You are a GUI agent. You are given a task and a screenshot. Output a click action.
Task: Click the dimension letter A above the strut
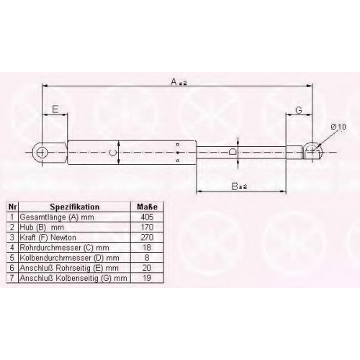pyautogui.click(x=174, y=81)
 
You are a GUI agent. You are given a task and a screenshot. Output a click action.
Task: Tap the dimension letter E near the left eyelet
pyautogui.click(x=55, y=109)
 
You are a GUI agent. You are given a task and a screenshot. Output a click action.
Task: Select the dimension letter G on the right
pyautogui.click(x=299, y=110)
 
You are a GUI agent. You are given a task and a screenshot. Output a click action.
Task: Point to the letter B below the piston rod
pyautogui.click(x=235, y=186)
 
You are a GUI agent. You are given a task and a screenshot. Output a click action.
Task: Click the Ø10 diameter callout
pyautogui.click(x=338, y=127)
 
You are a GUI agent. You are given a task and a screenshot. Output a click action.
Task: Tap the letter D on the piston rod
pyautogui.click(x=233, y=152)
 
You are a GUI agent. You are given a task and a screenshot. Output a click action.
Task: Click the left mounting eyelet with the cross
pyautogui.click(x=42, y=152)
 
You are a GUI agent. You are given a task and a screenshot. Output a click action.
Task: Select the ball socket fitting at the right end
pyautogui.click(x=312, y=150)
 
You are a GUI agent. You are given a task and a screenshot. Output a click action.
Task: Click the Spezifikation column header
pyautogui.click(x=75, y=207)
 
